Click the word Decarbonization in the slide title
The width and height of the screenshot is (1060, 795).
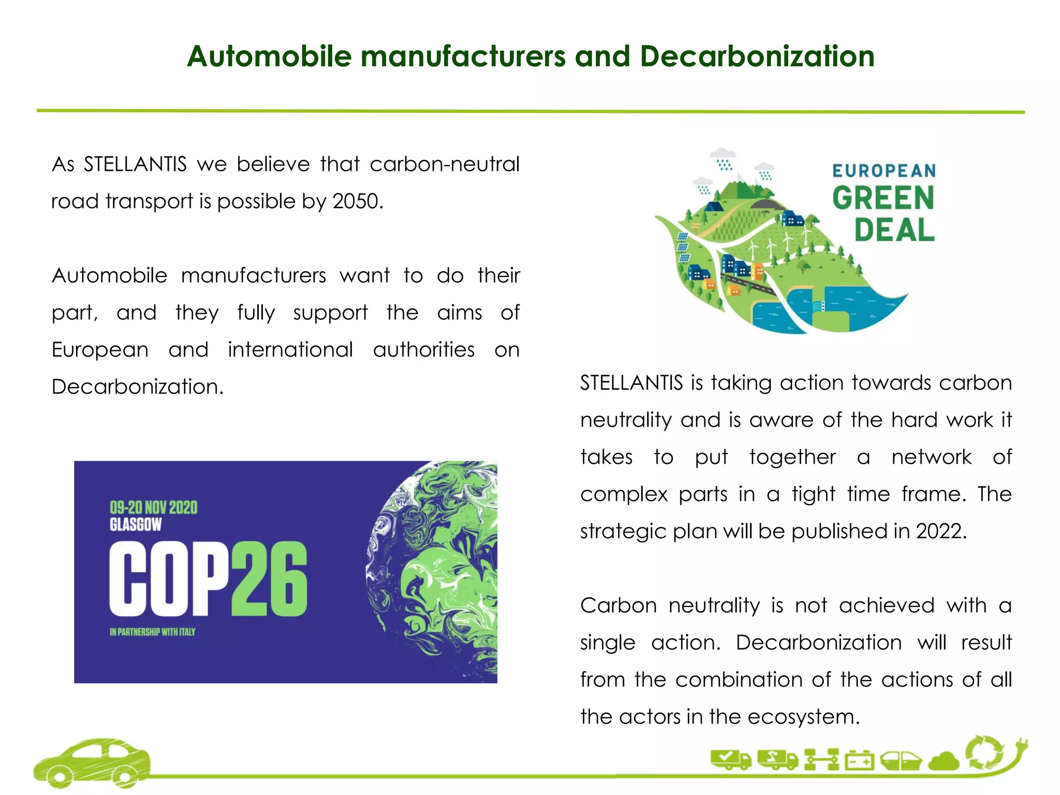[x=757, y=56]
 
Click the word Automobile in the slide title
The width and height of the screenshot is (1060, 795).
[x=269, y=56]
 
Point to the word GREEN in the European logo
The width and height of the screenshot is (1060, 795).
[x=883, y=198]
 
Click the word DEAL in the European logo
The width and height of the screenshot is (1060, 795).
[x=894, y=230]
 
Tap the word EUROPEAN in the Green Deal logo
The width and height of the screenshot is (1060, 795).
[x=884, y=171]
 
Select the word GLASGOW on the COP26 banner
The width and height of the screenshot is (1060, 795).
[x=136, y=525]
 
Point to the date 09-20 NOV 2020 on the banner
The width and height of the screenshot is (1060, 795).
[x=153, y=507]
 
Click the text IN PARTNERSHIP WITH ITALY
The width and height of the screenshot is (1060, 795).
[x=152, y=632]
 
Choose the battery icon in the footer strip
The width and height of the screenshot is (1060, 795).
[x=859, y=761]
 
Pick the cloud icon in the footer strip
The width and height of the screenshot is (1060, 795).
[x=944, y=761]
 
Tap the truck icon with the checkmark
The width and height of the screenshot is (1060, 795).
[x=730, y=759]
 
